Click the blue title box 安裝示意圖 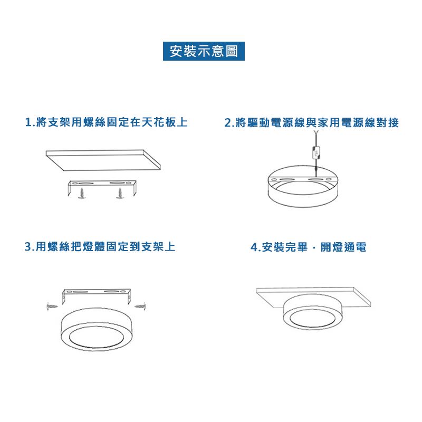[x=203, y=51]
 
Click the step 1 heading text [x=107, y=123]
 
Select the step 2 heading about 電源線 [x=311, y=123]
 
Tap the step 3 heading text [x=100, y=247]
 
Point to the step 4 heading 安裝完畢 [x=309, y=247]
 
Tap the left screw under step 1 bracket [x=82, y=193]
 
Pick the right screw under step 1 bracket [x=120, y=193]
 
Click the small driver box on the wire [x=315, y=154]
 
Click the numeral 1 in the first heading [x=28, y=123]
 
